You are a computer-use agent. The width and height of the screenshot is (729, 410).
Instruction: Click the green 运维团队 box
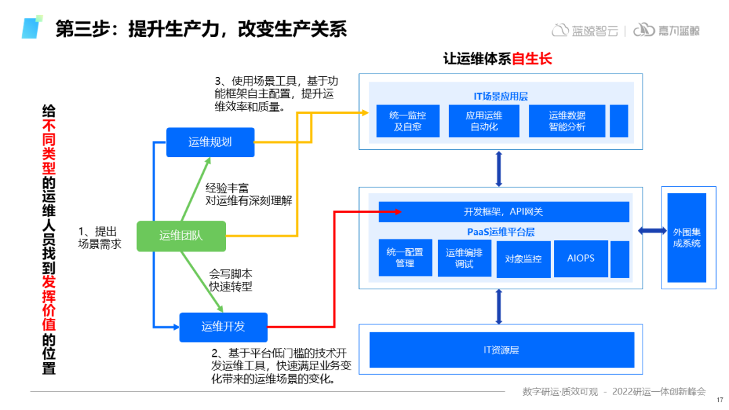click(180, 235)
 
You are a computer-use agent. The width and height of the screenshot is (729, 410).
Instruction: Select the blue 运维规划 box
click(210, 142)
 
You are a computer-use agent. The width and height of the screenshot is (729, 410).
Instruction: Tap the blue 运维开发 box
click(223, 327)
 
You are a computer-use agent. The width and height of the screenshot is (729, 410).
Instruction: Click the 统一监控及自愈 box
click(407, 121)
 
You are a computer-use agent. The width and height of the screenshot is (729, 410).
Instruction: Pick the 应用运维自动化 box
click(483, 121)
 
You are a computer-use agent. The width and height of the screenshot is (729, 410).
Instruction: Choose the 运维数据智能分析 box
click(567, 121)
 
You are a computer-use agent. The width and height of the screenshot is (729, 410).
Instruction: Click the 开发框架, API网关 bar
click(504, 212)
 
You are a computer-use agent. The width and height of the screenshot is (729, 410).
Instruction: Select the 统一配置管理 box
click(405, 258)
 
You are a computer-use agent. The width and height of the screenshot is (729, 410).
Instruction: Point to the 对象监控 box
click(523, 258)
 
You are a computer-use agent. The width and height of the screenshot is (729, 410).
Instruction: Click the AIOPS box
click(580, 258)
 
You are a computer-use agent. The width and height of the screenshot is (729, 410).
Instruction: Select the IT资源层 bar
click(502, 350)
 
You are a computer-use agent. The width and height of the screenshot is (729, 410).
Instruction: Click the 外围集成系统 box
click(686, 237)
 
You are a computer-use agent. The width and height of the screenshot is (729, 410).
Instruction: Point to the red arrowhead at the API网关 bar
click(397, 212)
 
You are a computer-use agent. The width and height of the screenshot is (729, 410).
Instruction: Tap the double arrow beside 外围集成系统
click(651, 231)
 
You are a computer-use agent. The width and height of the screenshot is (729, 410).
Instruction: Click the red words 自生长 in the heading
click(532, 59)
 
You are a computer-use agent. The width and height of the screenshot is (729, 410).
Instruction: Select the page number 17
click(719, 399)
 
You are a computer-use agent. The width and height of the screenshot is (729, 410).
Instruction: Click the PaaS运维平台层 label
click(501, 232)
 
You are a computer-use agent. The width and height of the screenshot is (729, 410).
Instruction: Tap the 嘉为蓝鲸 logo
click(666, 30)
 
